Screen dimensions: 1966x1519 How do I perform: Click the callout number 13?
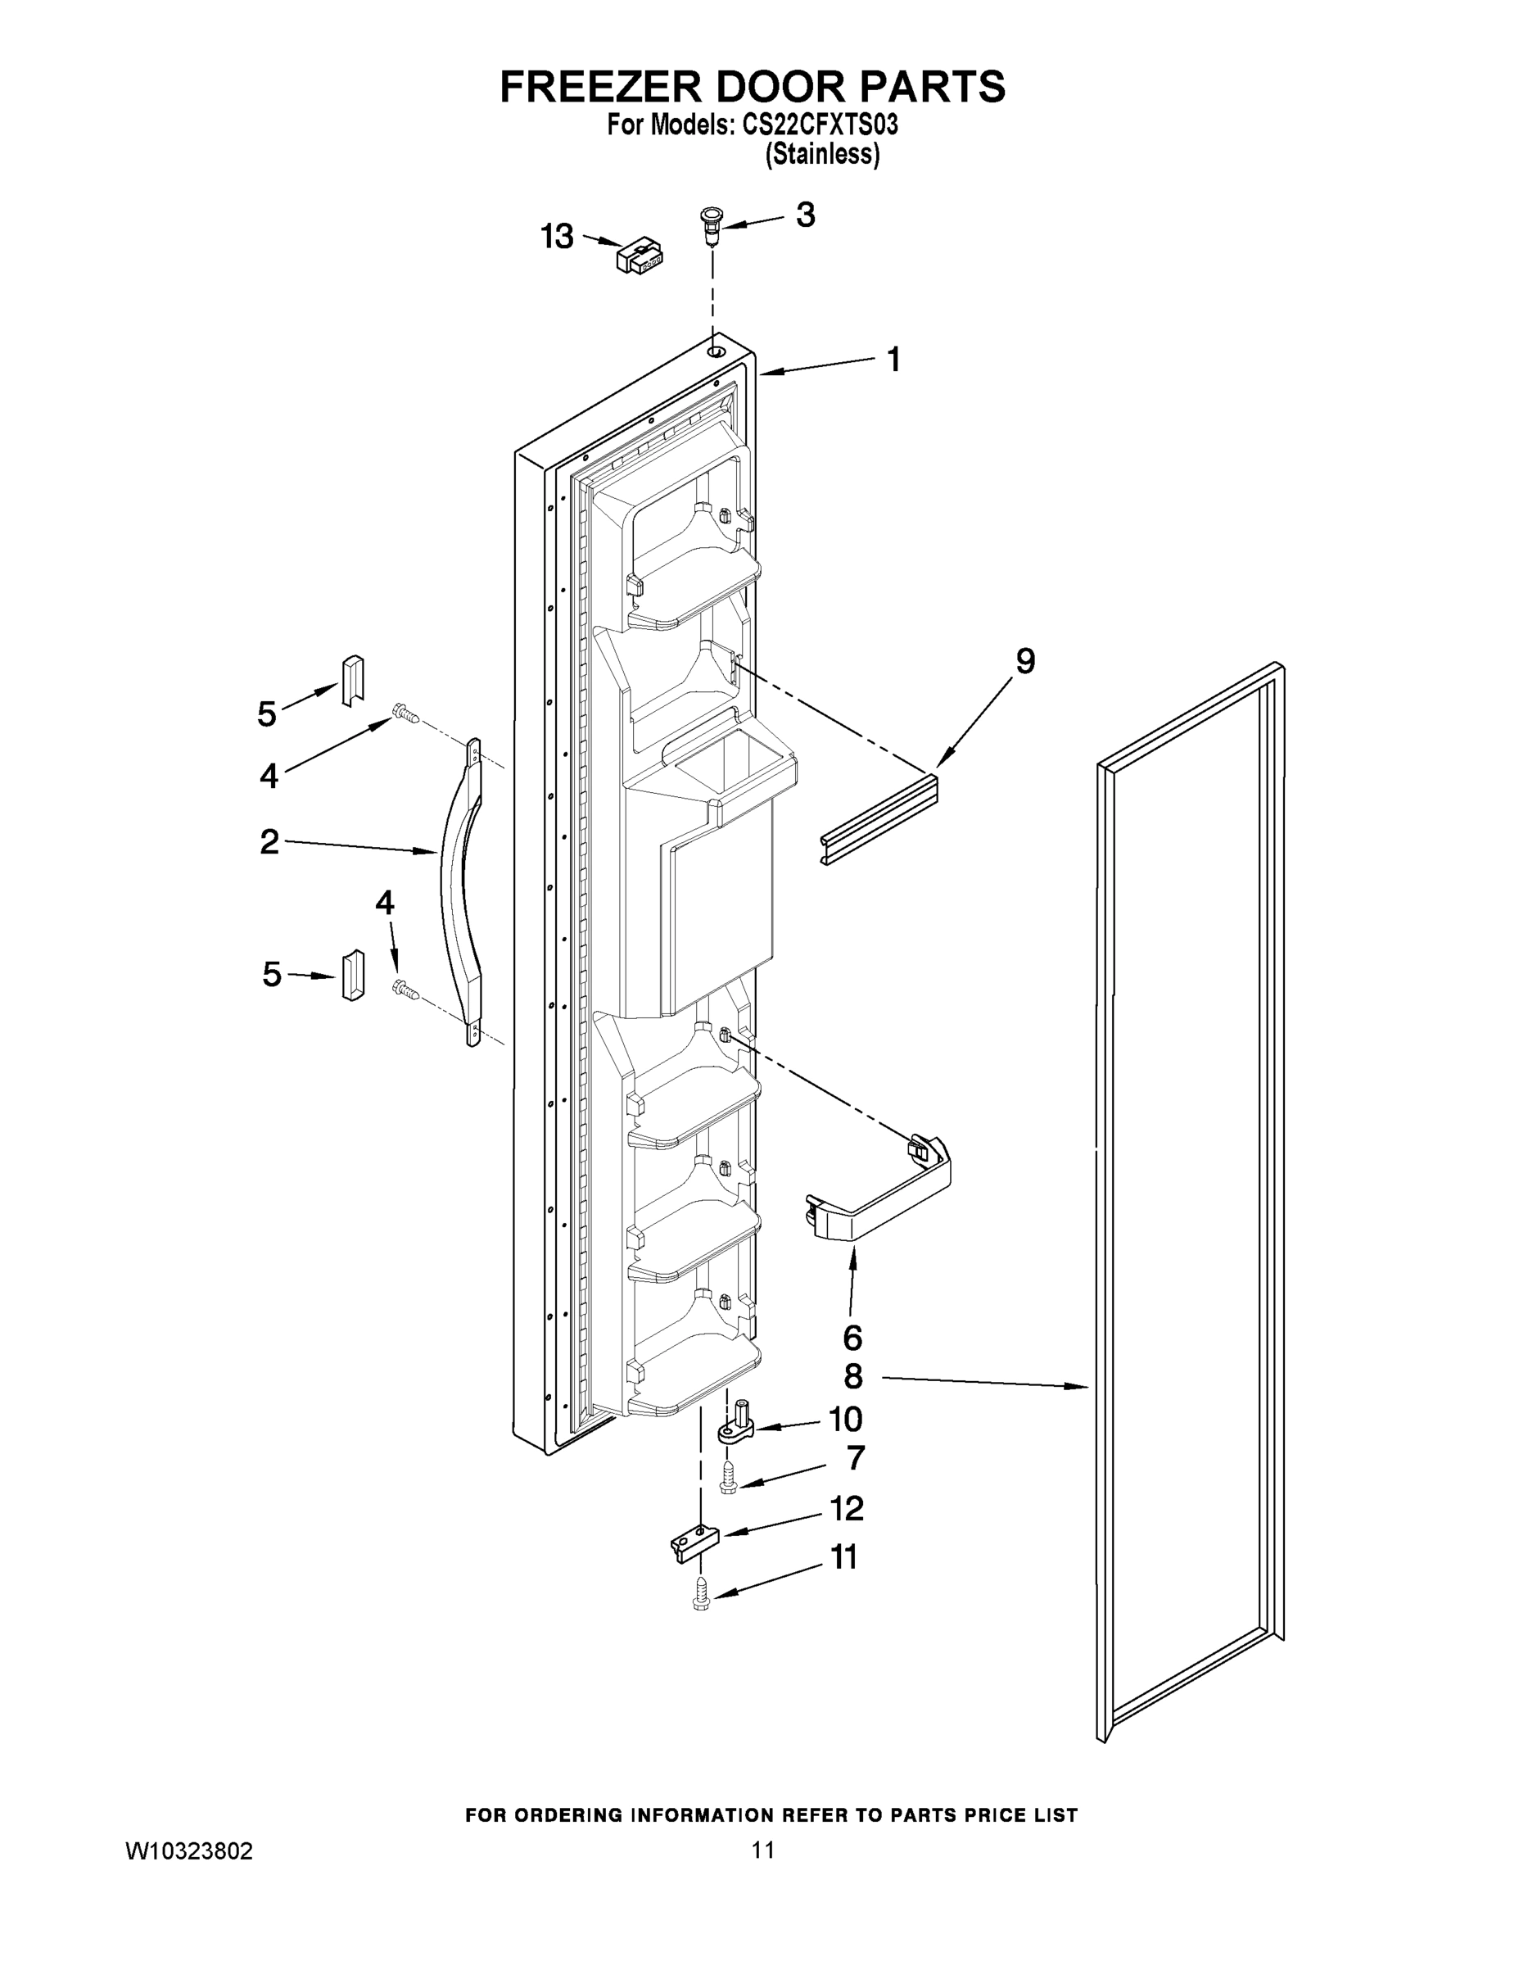pyautogui.click(x=556, y=237)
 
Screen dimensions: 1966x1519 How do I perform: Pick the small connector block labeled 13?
pyautogui.click(x=640, y=256)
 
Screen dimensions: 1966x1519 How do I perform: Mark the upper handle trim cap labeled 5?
pyautogui.click(x=352, y=681)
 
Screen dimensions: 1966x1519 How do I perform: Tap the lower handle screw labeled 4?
pyautogui.click(x=406, y=989)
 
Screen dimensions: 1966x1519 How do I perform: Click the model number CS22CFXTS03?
pyautogui.click(x=820, y=125)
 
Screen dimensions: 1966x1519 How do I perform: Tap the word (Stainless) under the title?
pyautogui.click(x=821, y=154)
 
